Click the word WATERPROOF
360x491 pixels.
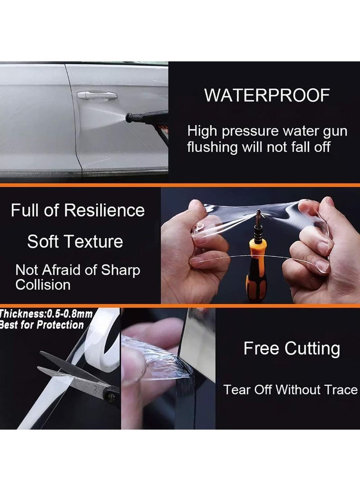267,96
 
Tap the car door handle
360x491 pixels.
97,95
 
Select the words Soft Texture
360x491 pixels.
75,242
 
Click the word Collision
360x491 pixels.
43,284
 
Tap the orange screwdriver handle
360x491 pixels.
256,266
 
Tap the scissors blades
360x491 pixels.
67,369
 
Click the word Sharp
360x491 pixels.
120,270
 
